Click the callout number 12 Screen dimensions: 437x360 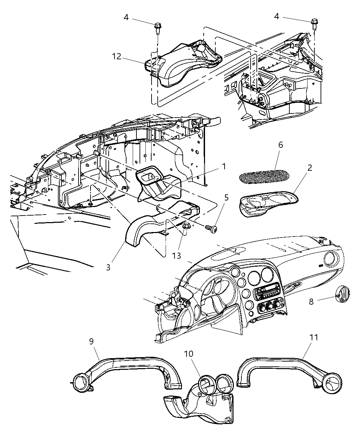(117, 56)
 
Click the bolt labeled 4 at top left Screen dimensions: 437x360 (158, 27)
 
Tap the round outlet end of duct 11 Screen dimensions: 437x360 (333, 383)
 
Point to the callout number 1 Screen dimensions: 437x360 (224, 167)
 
